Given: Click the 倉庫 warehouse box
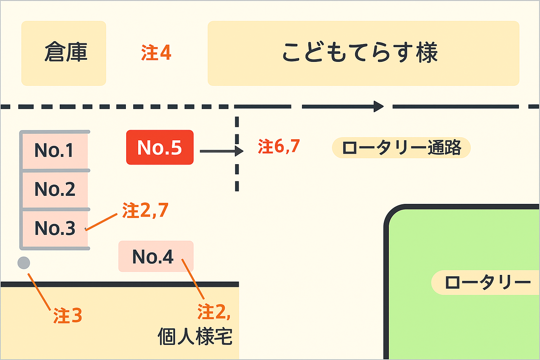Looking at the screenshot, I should tap(64, 53).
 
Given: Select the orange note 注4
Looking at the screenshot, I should tap(156, 53).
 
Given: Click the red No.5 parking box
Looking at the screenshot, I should tap(160, 147).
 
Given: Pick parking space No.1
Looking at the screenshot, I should tap(54, 150).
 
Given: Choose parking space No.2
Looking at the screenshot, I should tap(54, 189).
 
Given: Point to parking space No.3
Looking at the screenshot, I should tap(54, 228).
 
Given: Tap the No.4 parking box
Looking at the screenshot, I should tap(153, 257).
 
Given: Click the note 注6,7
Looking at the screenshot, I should tap(279, 146).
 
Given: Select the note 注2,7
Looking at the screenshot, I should tap(145, 211).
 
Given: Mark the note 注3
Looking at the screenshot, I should tap(67, 315).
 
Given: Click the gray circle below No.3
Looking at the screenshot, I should tap(24, 263).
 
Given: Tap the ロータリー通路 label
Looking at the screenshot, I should tap(401, 148).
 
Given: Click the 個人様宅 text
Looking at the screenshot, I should tap(195, 336).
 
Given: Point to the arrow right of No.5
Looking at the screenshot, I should tap(221, 151).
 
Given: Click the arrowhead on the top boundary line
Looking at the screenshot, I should tap(379, 106).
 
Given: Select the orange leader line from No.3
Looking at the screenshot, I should tap(101, 222).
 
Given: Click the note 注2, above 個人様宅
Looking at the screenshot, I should tap(214, 312).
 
